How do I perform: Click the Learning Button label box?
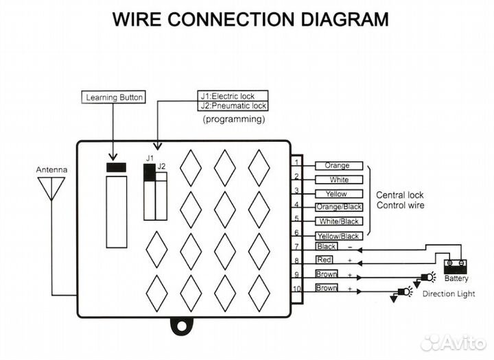click(x=114, y=97)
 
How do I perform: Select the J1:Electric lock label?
click(x=233, y=96)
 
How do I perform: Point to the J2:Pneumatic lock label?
click(x=233, y=106)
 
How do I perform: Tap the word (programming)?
click(x=233, y=119)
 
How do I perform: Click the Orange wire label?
click(x=337, y=165)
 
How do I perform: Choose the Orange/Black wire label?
click(x=338, y=207)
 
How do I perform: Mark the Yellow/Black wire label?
click(x=338, y=236)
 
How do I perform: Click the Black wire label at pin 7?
click(x=327, y=246)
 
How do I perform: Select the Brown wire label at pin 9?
click(x=327, y=274)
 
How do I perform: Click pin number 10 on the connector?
click(x=296, y=289)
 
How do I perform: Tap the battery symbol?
click(x=455, y=264)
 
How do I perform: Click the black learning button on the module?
click(x=115, y=167)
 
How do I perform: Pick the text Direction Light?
click(x=449, y=293)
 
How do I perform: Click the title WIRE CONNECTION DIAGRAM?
click(x=250, y=19)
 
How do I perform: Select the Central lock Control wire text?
click(x=400, y=200)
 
